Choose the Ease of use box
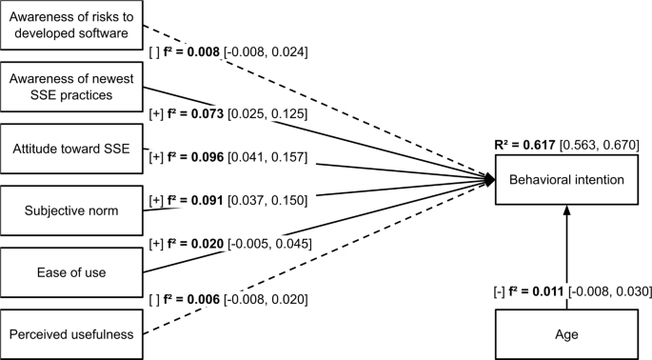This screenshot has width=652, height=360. (x=70, y=272)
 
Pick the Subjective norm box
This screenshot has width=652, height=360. (x=70, y=210)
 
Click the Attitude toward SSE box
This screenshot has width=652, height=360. (x=70, y=149)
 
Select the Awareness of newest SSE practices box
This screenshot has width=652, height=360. (x=70, y=87)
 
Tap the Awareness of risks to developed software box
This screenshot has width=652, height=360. (x=70, y=26)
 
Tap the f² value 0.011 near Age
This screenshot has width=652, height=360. (x=546, y=291)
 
